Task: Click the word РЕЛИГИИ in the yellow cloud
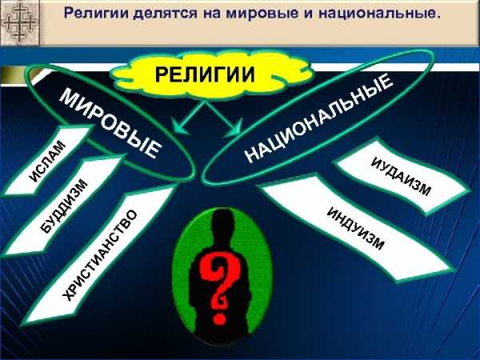(x=205, y=74)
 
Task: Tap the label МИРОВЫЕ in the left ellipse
(x=110, y=124)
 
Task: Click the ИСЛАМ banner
(x=47, y=161)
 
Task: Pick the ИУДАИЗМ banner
(x=402, y=176)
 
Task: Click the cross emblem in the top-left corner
(x=19, y=22)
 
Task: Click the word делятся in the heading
(x=165, y=14)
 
